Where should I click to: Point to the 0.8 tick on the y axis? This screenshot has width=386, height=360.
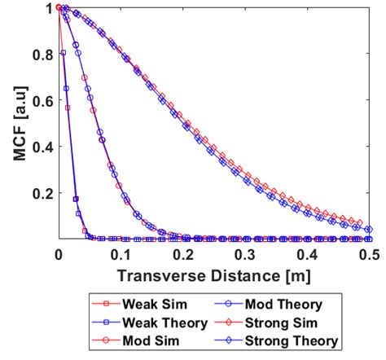click(42, 55)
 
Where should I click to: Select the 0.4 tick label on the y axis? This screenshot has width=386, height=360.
click(42, 147)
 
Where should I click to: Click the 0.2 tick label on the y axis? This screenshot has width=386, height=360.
click(42, 194)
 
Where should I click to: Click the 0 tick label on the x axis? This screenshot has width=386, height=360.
click(58, 254)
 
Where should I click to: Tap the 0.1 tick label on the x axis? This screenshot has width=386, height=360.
click(120, 254)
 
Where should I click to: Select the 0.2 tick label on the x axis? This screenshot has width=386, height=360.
click(182, 254)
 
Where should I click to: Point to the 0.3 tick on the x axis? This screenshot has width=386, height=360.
click(244, 254)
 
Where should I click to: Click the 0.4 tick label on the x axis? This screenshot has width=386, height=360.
click(307, 254)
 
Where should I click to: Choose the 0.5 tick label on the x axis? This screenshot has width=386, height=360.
click(369, 254)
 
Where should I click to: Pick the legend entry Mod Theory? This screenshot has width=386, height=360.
click(286, 304)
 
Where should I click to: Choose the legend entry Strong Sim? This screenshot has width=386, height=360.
click(286, 322)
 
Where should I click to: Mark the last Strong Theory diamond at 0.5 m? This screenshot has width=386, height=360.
click(368, 230)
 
